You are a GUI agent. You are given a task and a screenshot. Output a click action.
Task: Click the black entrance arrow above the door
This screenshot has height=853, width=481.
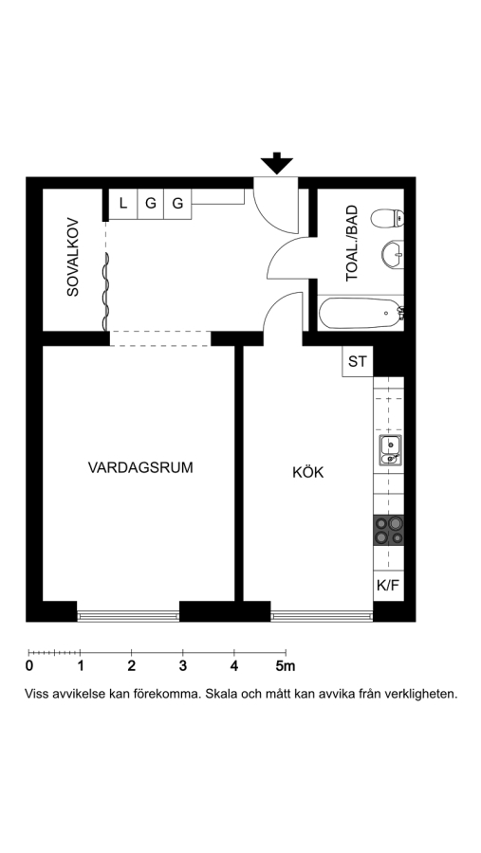click(277, 163)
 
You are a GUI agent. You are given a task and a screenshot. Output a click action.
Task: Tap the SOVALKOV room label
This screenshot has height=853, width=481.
click(72, 257)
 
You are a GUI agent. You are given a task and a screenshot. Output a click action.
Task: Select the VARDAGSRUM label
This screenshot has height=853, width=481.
click(140, 467)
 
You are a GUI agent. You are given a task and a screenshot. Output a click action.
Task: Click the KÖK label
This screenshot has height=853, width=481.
click(307, 472)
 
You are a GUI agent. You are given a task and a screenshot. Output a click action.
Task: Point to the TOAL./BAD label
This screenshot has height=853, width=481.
click(353, 243)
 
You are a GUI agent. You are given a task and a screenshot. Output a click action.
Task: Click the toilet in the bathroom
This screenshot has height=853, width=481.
click(387, 218)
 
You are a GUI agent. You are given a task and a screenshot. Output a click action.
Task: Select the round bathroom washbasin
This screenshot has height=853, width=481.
click(392, 254)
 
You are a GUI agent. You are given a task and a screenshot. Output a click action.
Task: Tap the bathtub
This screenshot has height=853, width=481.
click(361, 313)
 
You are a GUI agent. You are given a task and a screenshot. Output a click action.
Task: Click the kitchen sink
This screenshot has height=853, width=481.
click(391, 450)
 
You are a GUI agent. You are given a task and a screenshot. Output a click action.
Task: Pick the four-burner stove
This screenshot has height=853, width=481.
click(389, 531)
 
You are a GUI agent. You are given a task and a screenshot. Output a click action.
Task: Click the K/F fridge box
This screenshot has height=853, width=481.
click(388, 586)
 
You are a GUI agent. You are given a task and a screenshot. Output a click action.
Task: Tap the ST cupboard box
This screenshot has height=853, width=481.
click(358, 361)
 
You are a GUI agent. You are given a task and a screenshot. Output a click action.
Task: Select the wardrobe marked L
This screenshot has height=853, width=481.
click(123, 204)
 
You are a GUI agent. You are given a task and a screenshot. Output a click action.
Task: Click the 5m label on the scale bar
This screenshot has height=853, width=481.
click(286, 666)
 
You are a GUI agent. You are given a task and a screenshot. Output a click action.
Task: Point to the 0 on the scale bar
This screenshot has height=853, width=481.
click(28, 666)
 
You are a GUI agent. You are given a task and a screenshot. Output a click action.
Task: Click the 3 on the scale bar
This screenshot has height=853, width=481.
click(183, 666)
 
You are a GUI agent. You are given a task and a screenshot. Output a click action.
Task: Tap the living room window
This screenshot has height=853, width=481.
click(128, 616)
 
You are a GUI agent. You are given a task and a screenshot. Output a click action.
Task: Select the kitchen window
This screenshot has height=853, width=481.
click(322, 616)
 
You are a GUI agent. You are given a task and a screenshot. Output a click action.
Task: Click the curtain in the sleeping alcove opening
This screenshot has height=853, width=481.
click(105, 292)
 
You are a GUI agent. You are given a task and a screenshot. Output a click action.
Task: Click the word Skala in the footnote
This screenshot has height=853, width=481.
click(221, 694)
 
